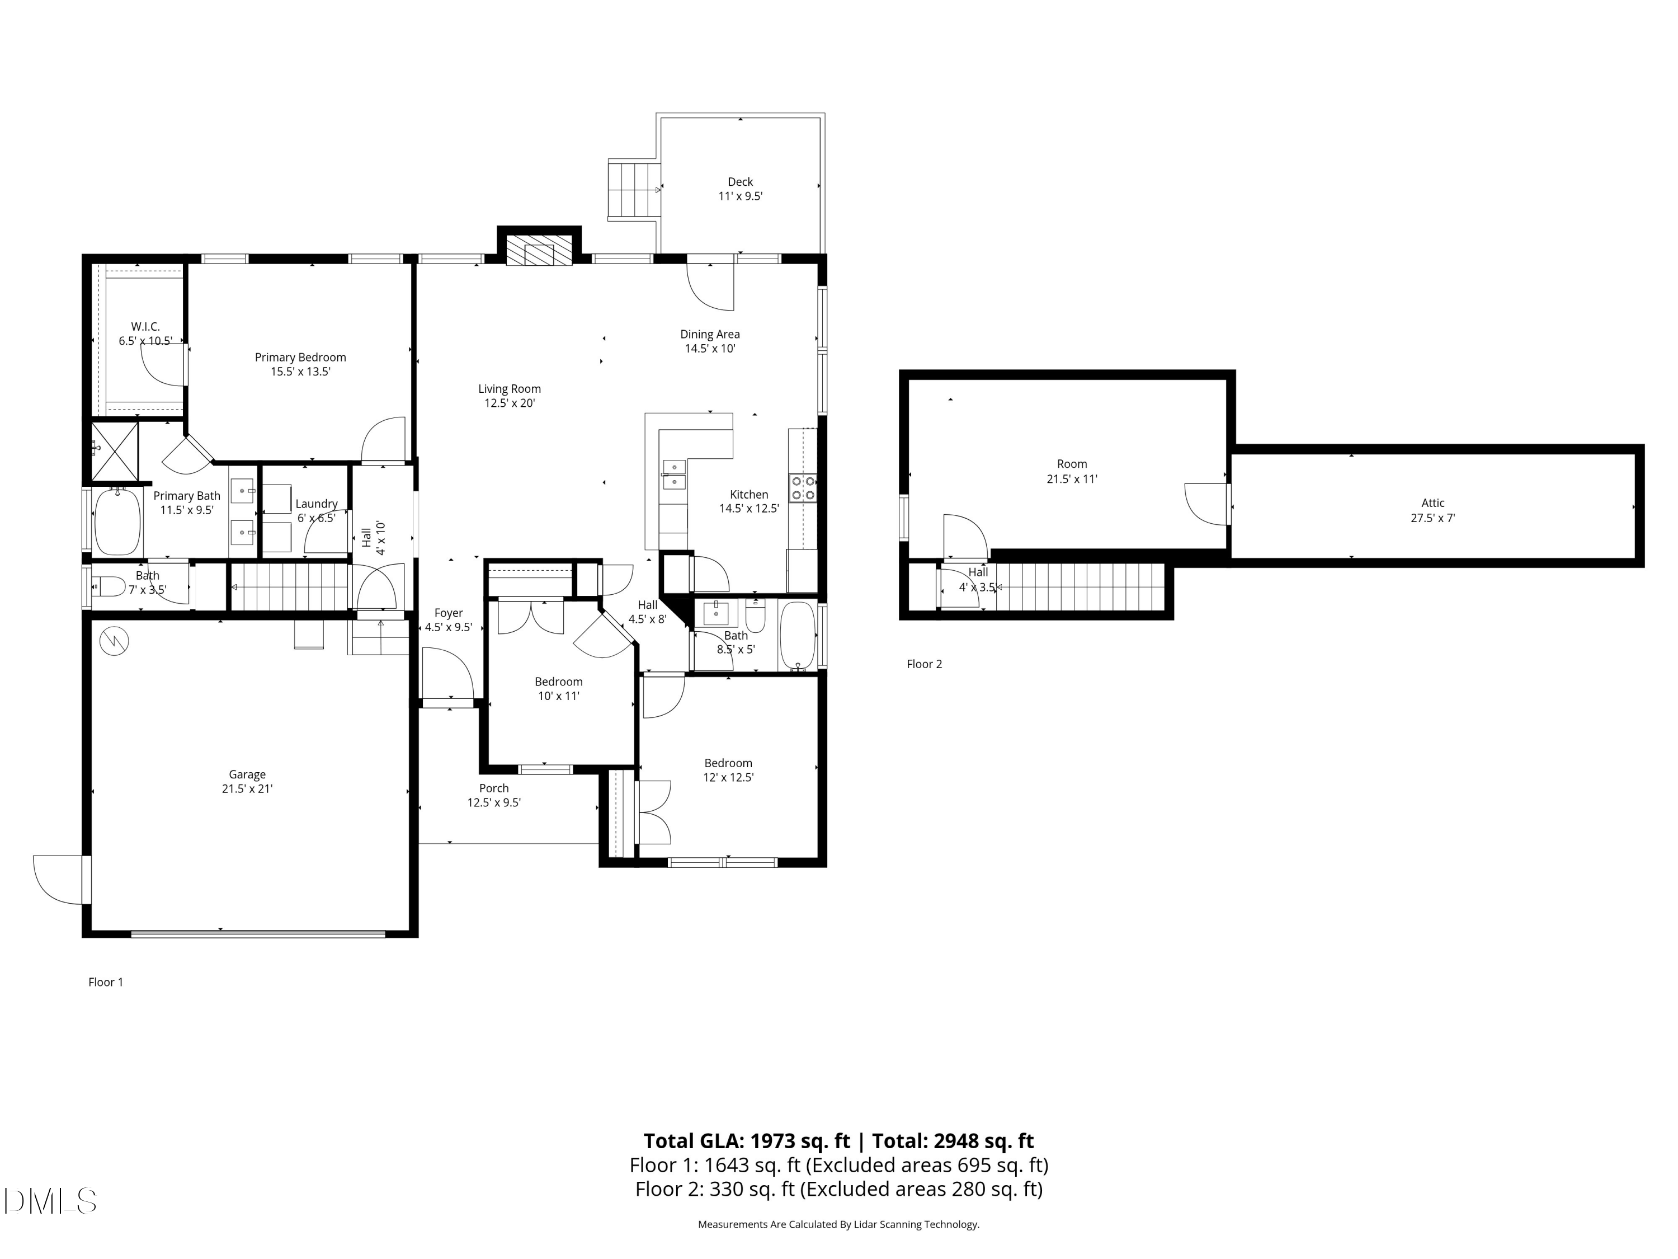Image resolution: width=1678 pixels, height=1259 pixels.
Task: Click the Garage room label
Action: click(x=247, y=774)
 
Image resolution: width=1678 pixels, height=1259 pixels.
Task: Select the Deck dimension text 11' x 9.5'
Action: click(x=739, y=196)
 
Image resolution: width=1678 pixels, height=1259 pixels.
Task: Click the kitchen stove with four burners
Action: click(x=802, y=488)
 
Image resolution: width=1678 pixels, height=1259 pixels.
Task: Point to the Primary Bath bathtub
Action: click(x=117, y=522)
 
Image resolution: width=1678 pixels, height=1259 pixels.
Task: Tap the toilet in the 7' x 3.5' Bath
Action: click(x=109, y=586)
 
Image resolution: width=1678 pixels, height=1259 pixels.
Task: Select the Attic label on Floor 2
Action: click(x=1432, y=502)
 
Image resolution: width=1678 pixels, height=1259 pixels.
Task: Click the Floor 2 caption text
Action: click(x=924, y=664)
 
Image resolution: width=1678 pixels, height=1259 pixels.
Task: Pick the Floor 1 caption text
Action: click(x=106, y=982)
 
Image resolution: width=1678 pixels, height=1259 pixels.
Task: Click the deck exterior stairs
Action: click(x=633, y=189)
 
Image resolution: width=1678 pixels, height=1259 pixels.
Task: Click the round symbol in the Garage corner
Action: click(x=114, y=642)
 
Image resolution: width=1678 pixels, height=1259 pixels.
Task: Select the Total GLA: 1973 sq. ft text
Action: click(x=747, y=1140)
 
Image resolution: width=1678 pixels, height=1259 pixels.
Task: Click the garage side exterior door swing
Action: click(x=59, y=880)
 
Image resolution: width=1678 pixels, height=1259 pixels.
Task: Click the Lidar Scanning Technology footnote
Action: click(x=838, y=1224)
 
